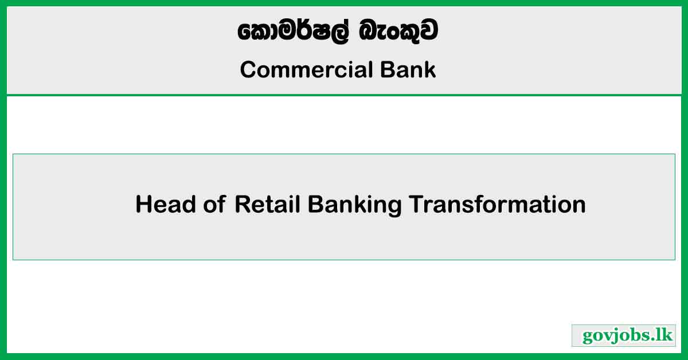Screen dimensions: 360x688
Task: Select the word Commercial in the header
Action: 307,70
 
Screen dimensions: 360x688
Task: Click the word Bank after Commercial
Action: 408,70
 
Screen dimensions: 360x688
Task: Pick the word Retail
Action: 268,205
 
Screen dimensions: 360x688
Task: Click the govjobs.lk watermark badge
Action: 624,336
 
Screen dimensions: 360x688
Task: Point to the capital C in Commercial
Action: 248,71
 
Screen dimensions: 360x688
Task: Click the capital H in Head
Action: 143,205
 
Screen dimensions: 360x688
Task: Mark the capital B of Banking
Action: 315,205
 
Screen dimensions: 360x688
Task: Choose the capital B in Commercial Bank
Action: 386,70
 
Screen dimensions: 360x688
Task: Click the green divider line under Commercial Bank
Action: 344,95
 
